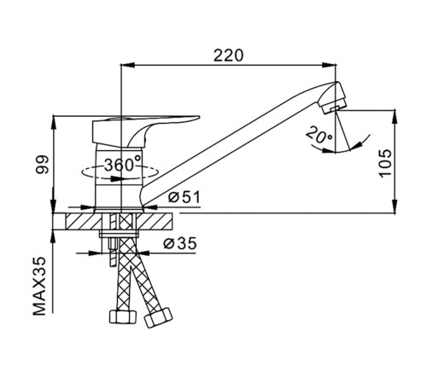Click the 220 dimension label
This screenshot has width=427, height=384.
[229, 55]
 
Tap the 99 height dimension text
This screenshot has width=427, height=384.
[42, 164]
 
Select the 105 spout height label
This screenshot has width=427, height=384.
[385, 163]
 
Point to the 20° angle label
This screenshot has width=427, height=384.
[319, 134]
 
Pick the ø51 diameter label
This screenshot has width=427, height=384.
[184, 197]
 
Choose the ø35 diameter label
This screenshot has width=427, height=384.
[180, 243]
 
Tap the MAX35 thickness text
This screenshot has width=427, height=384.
[39, 286]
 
